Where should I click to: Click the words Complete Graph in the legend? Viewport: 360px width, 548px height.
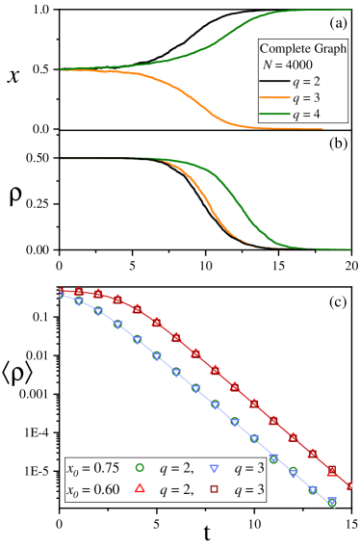[302, 48]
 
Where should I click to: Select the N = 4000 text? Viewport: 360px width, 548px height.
[287, 65]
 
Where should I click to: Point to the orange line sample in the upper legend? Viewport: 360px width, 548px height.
[273, 98]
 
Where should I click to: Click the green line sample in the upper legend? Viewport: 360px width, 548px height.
[273, 115]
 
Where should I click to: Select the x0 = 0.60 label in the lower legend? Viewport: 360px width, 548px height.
[91, 489]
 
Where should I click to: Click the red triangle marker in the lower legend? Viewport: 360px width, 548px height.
[140, 489]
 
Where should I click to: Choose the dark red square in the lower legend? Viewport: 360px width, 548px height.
[216, 489]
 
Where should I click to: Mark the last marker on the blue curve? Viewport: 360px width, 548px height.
[332, 503]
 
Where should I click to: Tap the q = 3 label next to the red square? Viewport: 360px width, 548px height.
[248, 489]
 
